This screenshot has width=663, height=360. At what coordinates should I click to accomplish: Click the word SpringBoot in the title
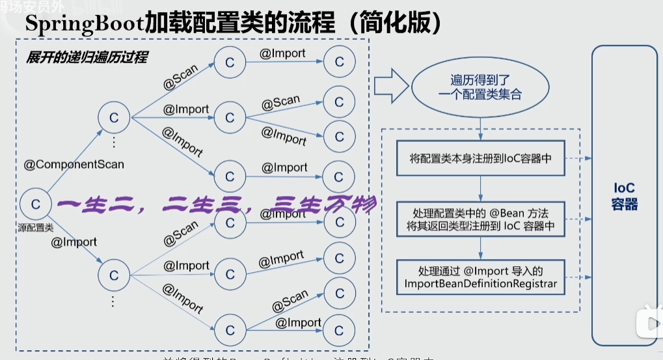[84, 24]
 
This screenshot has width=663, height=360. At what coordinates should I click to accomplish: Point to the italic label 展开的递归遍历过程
[87, 57]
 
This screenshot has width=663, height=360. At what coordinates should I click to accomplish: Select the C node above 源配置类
[36, 204]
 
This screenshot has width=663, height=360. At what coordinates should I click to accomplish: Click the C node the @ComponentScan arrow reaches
[114, 118]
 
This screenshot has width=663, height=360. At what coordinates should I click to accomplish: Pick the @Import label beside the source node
[74, 242]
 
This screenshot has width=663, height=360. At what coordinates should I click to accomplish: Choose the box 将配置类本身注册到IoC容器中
[481, 158]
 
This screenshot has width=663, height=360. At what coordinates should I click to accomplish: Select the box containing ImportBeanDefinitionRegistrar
[481, 277]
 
